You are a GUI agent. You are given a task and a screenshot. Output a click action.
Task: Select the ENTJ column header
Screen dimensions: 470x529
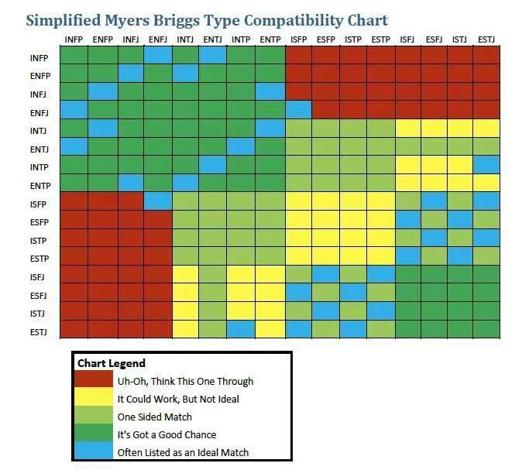click(215, 39)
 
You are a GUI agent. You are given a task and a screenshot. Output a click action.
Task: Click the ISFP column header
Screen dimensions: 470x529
click(300, 39)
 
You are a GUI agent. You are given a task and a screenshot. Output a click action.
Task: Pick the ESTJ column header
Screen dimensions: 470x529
click(486, 39)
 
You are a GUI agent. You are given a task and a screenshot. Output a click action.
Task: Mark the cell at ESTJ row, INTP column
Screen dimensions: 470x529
click(242, 329)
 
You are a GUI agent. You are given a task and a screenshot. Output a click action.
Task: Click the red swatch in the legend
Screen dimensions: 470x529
click(94, 380)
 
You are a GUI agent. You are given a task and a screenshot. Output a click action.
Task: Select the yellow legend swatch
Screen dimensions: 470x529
click(94, 398)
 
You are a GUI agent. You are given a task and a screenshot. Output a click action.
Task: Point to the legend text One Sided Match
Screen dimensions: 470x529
click(155, 417)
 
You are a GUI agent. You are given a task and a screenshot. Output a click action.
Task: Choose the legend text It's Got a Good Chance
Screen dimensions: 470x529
click(167, 434)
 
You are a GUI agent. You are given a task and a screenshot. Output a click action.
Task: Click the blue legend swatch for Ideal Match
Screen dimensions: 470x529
click(94, 452)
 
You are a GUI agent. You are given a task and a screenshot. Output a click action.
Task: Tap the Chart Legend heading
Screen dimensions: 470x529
click(111, 362)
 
